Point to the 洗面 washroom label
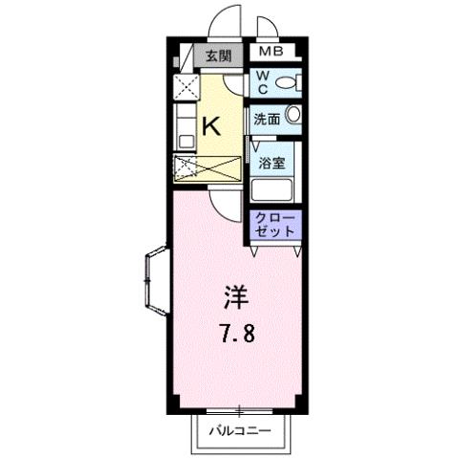click(x=266, y=120)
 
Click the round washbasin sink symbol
click(x=293, y=117)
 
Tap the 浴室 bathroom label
click(x=272, y=163)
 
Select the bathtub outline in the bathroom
click(x=276, y=187)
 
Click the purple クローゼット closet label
click(x=276, y=226)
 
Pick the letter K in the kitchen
click(x=213, y=125)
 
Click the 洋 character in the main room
click(x=235, y=298)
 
